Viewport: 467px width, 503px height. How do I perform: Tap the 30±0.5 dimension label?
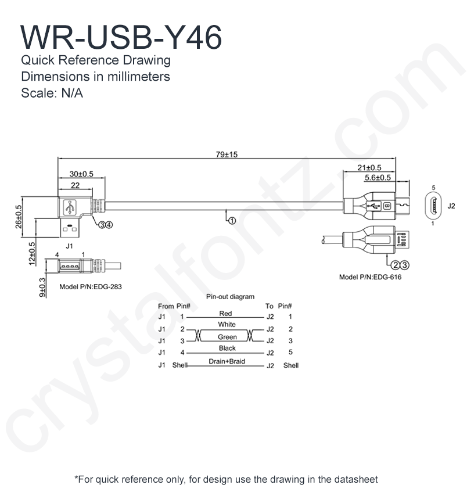point(81,174)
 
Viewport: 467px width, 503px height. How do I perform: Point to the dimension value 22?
point(75,185)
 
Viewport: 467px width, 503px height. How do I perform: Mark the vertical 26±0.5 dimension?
point(19,216)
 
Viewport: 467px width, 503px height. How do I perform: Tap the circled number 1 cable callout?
point(231,221)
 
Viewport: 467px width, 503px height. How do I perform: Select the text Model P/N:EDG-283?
point(91,287)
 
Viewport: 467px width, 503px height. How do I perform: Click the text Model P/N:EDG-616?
point(370,277)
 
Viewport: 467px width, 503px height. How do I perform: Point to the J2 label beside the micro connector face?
point(451,206)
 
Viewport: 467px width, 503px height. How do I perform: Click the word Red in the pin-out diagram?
point(226,314)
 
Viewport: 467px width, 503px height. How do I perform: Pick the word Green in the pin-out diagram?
point(227,337)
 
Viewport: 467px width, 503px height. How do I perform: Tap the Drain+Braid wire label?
point(227,361)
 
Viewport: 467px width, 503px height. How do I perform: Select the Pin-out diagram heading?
point(230,297)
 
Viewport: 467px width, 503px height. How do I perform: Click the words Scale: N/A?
point(52,93)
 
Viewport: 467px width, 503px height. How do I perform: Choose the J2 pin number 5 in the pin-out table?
point(290,353)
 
